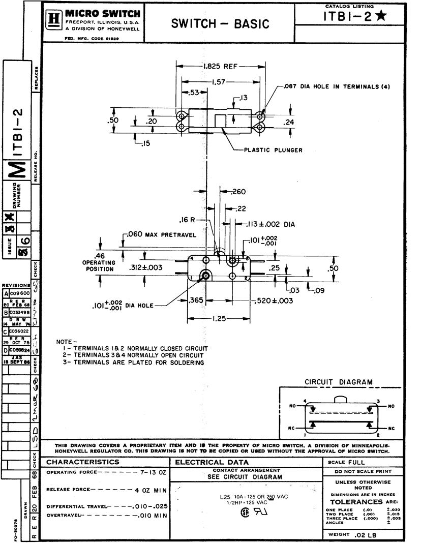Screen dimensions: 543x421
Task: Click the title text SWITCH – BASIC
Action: (220, 23)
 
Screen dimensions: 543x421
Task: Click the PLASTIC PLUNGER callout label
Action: (273, 150)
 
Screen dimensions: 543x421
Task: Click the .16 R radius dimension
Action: (187, 220)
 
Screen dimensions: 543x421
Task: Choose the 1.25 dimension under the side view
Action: (219, 318)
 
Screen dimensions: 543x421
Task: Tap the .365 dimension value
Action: (197, 300)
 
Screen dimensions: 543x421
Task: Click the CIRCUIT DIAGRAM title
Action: (338, 382)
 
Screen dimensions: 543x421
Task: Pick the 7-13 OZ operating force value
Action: (154, 472)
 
